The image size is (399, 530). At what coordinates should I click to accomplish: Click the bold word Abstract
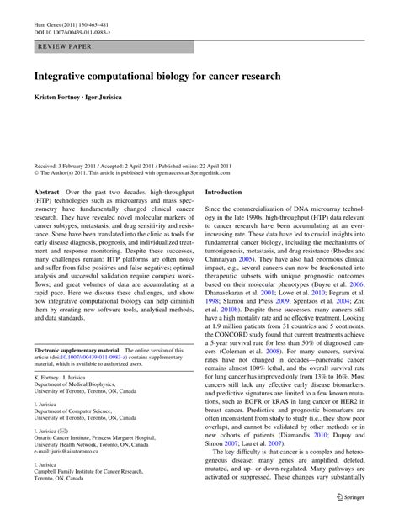point(46,192)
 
